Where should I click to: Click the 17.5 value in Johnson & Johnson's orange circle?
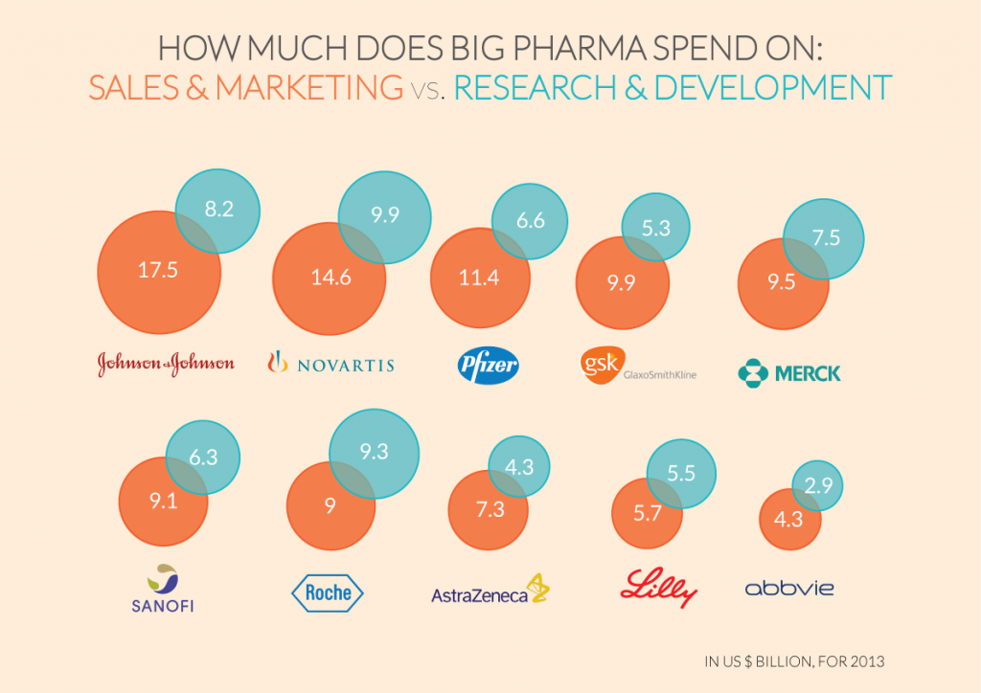coord(158,270)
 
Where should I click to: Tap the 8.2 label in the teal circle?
coord(218,210)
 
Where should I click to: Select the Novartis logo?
coord(330,364)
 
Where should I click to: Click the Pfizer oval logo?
coord(488,365)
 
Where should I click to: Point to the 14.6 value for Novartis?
coord(330,278)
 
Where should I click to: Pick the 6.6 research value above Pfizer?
coord(530,221)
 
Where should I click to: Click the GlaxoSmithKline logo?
coord(638,365)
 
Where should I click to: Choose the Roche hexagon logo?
coord(328,592)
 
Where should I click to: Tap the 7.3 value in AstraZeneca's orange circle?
coord(490,509)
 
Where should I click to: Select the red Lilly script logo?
coord(658,587)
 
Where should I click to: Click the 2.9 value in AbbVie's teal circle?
coord(816,486)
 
